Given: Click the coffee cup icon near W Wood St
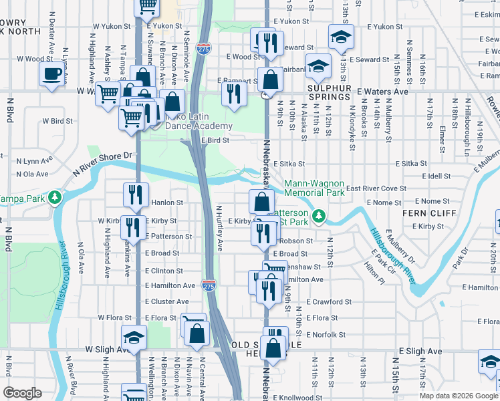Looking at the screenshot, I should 51,74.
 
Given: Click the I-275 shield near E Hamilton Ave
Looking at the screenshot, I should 209,285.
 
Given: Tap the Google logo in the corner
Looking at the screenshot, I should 23,393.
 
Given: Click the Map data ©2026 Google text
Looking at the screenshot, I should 458,396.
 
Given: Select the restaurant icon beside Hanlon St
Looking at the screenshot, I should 135,194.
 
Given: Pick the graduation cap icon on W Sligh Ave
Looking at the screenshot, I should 134,336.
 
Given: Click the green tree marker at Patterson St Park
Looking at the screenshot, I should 320,215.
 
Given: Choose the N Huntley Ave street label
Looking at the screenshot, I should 219,228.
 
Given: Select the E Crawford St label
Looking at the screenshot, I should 329,302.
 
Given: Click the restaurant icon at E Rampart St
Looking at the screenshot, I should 233,94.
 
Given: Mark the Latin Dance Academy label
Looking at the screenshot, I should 195,126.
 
